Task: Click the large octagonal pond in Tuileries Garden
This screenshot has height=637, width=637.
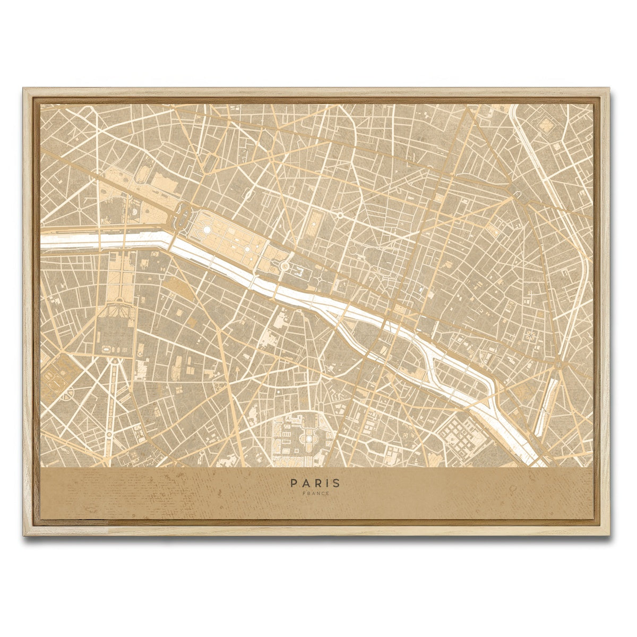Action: tap(205, 229)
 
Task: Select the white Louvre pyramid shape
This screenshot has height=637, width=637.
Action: tap(285, 265)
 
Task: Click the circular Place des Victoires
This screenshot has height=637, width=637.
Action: tap(339, 216)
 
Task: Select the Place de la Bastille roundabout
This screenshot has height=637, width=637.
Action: tap(558, 366)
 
